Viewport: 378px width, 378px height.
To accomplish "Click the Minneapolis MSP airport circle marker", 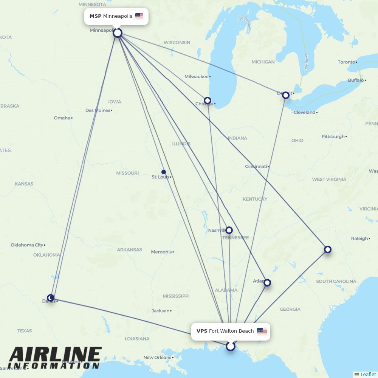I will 118,33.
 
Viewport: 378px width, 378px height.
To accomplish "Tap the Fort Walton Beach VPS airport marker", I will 230,346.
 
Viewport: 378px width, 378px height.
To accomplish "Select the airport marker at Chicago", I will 208,101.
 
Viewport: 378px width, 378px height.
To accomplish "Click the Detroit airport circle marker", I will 286,95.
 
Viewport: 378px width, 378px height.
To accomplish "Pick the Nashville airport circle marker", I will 229,230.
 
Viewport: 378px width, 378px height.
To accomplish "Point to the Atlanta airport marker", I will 267,282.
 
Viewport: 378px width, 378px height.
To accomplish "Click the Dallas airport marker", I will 51,298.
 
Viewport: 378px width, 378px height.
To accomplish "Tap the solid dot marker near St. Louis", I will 164,172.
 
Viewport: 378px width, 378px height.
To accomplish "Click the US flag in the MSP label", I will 139,16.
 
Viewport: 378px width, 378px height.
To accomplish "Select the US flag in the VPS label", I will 262,331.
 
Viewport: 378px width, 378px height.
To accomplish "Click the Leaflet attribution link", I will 368,374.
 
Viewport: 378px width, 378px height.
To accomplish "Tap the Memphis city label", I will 161,252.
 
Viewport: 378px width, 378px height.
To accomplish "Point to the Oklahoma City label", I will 27,245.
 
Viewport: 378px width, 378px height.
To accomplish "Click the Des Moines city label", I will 98,110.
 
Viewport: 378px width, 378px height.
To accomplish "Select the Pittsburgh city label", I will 333,136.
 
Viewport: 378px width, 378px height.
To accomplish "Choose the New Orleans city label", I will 157,357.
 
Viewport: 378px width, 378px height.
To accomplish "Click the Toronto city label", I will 346,62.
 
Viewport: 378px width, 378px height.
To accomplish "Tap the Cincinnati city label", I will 256,166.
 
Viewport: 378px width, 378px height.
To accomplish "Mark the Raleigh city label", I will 359,239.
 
